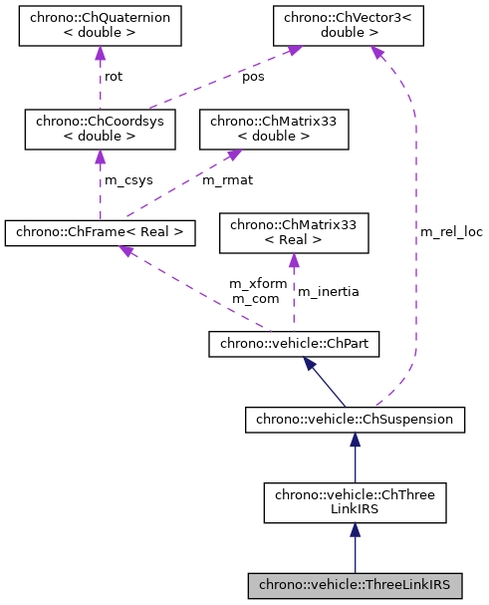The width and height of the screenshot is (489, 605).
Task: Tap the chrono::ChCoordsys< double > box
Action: (100, 129)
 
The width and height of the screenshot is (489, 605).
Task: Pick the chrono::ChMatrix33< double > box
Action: (275, 129)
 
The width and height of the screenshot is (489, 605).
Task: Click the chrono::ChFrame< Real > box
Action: (100, 232)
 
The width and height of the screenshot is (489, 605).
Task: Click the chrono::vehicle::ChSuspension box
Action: (355, 420)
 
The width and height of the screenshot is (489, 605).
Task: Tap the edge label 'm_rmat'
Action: (224, 180)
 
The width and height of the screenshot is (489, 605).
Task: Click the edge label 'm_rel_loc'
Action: (451, 232)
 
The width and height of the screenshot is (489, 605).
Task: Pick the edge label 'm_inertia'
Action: (329, 292)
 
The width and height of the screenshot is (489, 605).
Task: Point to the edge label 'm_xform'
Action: (258, 284)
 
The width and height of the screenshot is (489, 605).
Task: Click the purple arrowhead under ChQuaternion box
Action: (100, 57)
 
